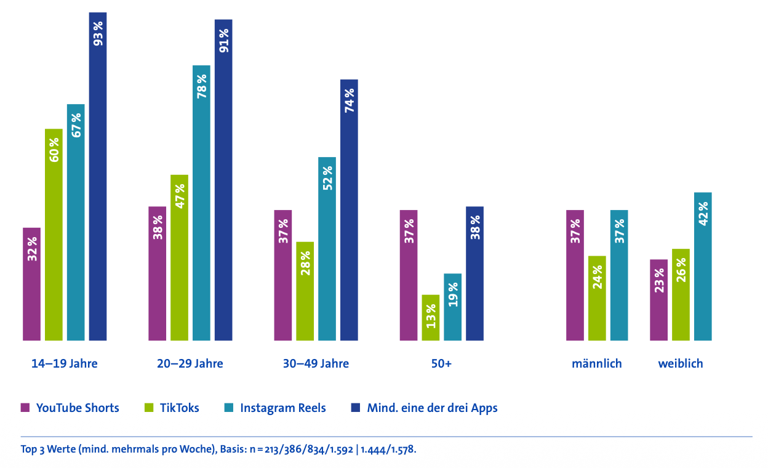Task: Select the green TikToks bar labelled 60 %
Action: point(54,234)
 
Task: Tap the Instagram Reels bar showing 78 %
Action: point(201,203)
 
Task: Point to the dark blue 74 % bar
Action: point(349,209)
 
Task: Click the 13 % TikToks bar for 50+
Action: point(430,317)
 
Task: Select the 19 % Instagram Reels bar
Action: point(452,307)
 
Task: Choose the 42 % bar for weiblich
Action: point(703,266)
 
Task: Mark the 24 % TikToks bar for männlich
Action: point(597,298)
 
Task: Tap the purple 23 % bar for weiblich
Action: point(658,300)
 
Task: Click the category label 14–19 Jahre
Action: point(65,363)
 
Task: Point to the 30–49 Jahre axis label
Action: point(316,363)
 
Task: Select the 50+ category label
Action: point(441,363)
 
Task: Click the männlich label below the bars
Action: point(596,363)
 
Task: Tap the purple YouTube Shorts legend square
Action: point(25,408)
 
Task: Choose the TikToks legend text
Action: point(179,408)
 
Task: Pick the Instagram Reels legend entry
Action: point(282,408)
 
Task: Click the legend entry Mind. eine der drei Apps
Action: point(432,408)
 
